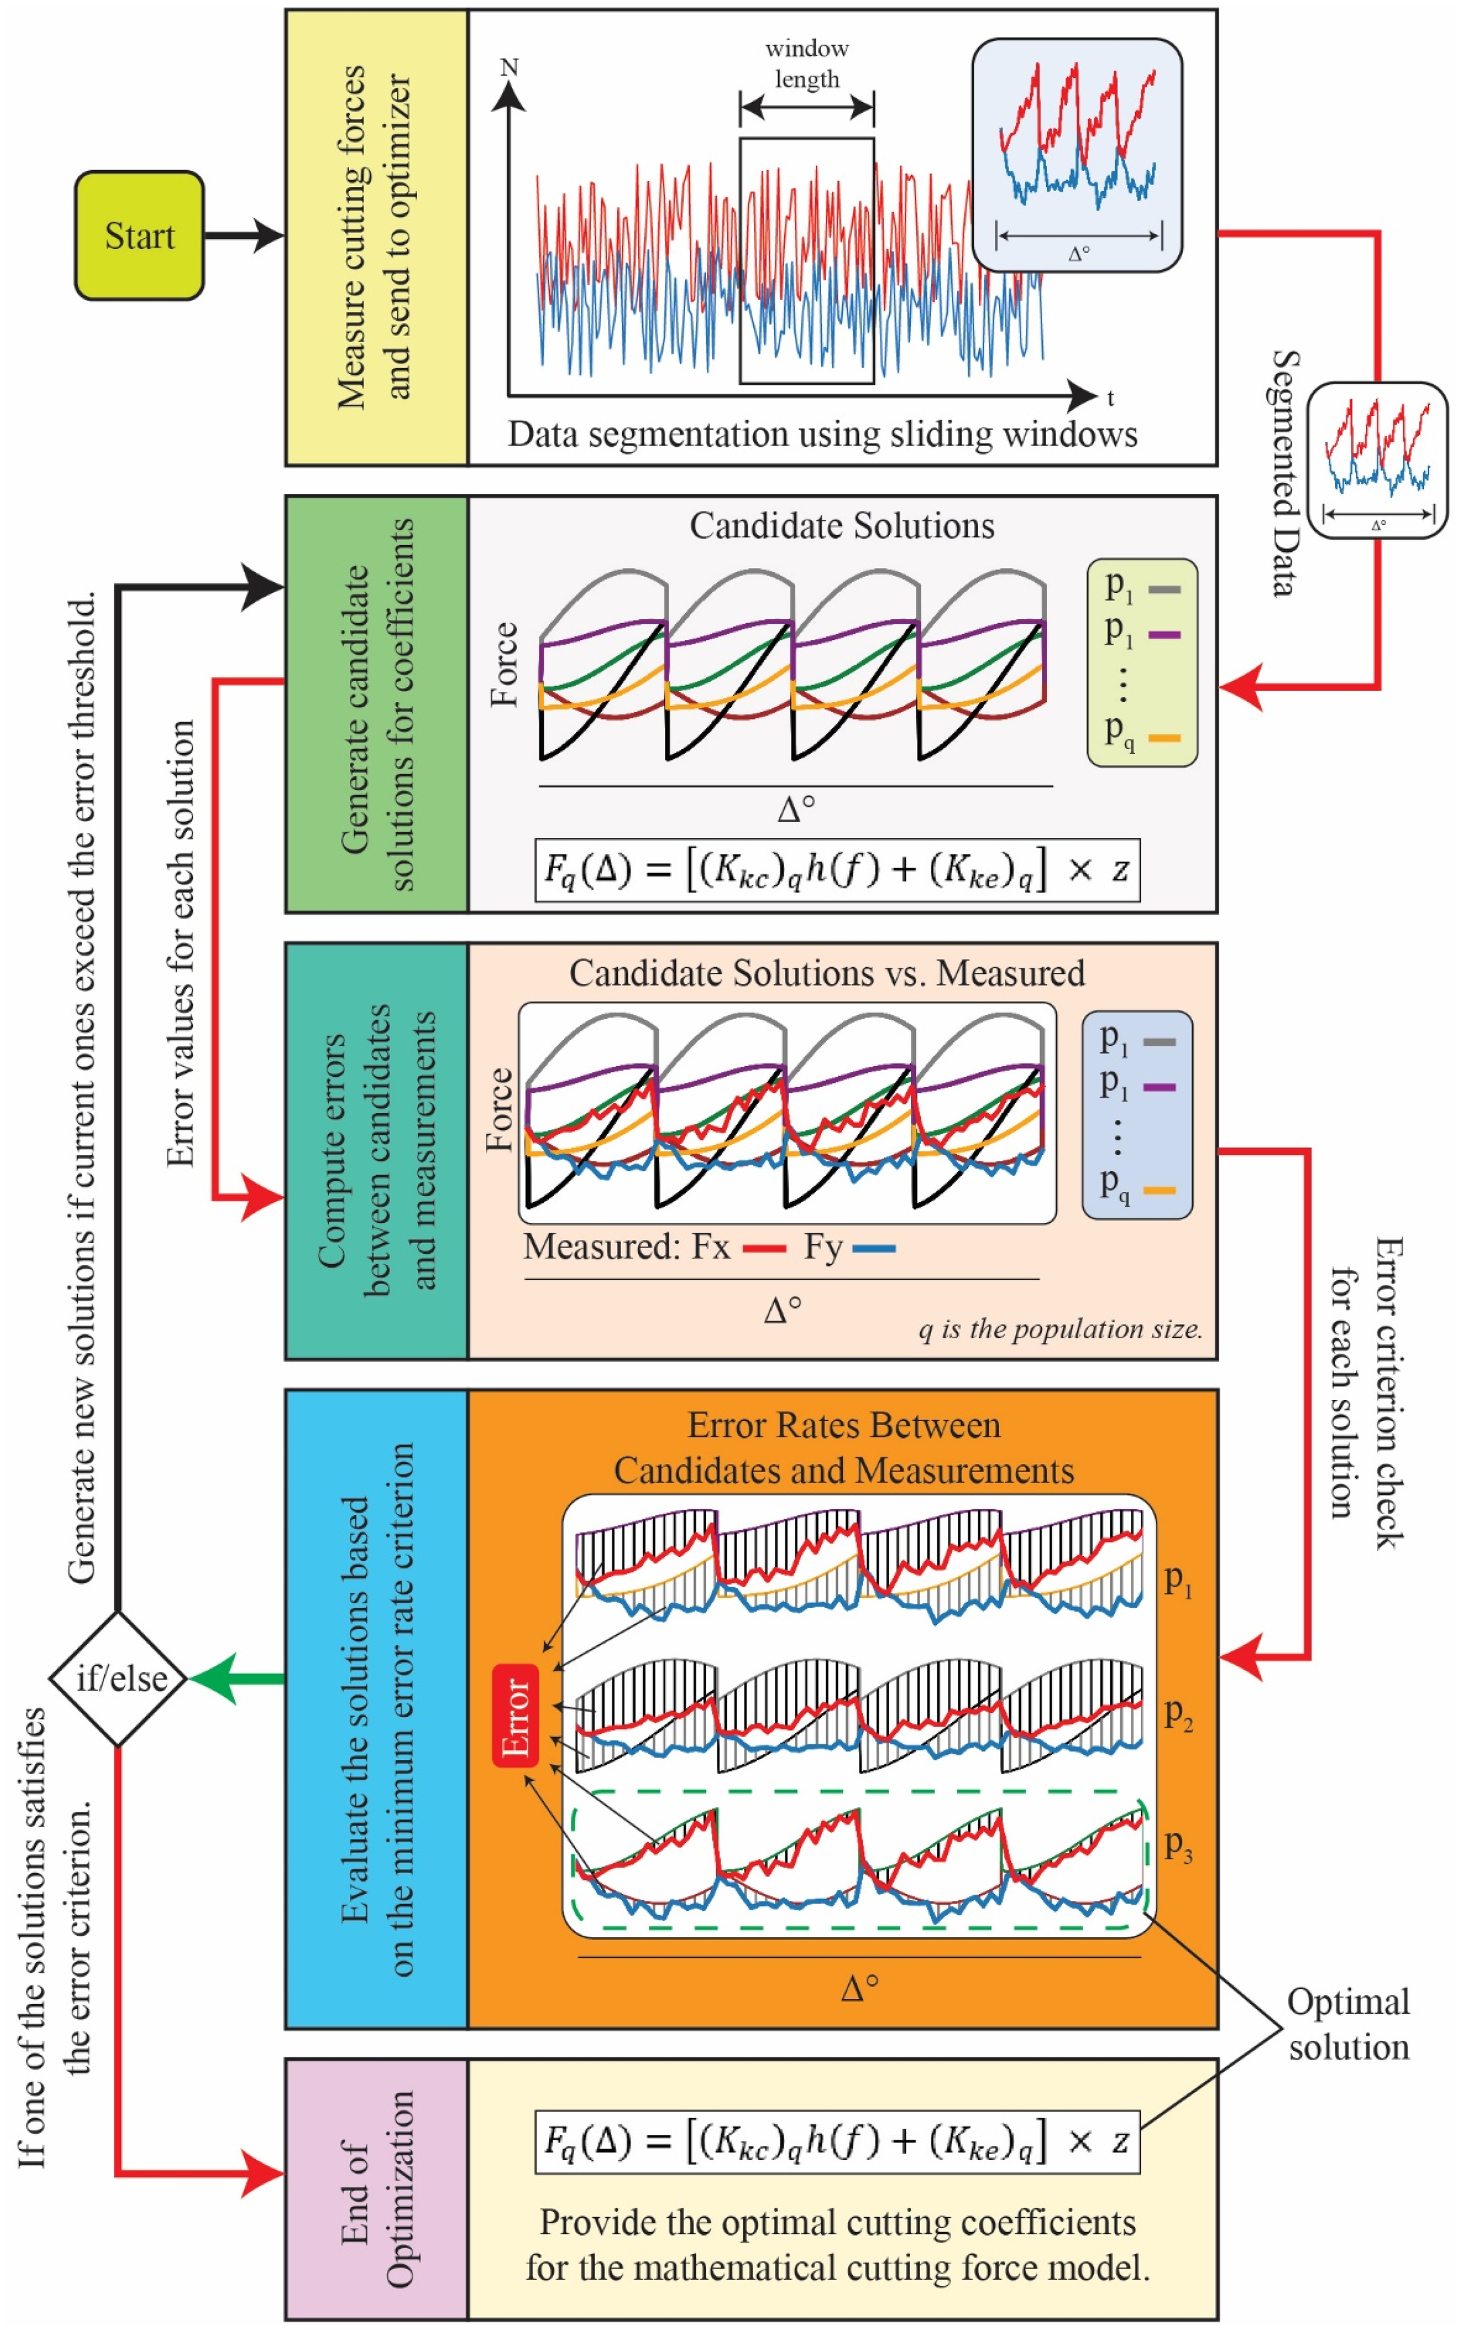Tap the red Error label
pyautogui.click(x=516, y=1715)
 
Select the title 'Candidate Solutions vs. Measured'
pyautogui.click(x=827, y=973)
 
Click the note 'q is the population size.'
pyautogui.click(x=1061, y=1329)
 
